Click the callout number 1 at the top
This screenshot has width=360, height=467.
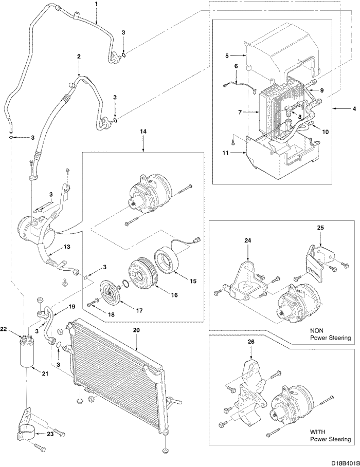(x=96, y=5)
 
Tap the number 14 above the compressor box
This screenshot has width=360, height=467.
(x=143, y=132)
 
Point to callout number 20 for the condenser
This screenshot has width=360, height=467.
(x=136, y=331)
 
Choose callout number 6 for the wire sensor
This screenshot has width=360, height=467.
(x=236, y=66)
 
